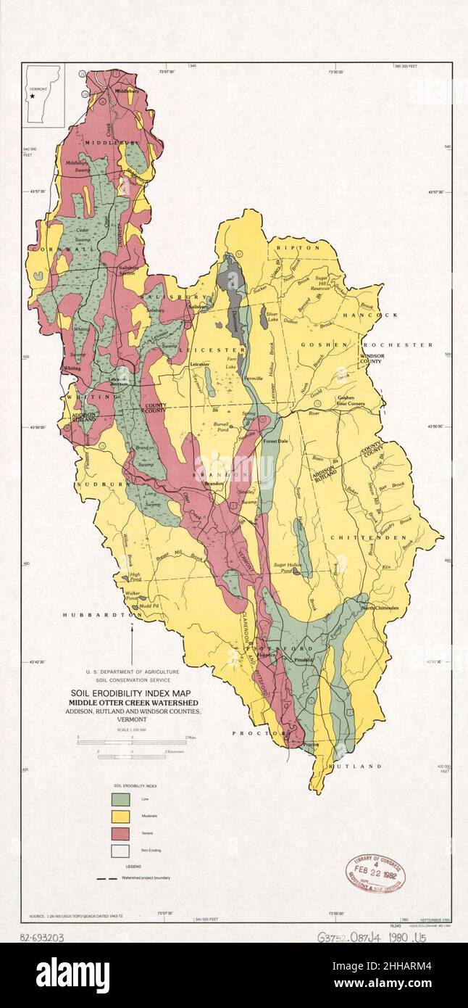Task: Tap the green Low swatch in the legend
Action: click(120, 799)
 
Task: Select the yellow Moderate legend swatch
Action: click(120, 817)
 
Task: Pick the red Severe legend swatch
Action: click(120, 833)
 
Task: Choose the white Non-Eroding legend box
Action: click(120, 851)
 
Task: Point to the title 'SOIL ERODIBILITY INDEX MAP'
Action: click(131, 693)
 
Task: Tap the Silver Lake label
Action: click(272, 317)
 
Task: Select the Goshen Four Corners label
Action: click(350, 401)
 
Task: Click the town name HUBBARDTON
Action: click(93, 614)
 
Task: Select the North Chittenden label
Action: click(380, 608)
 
